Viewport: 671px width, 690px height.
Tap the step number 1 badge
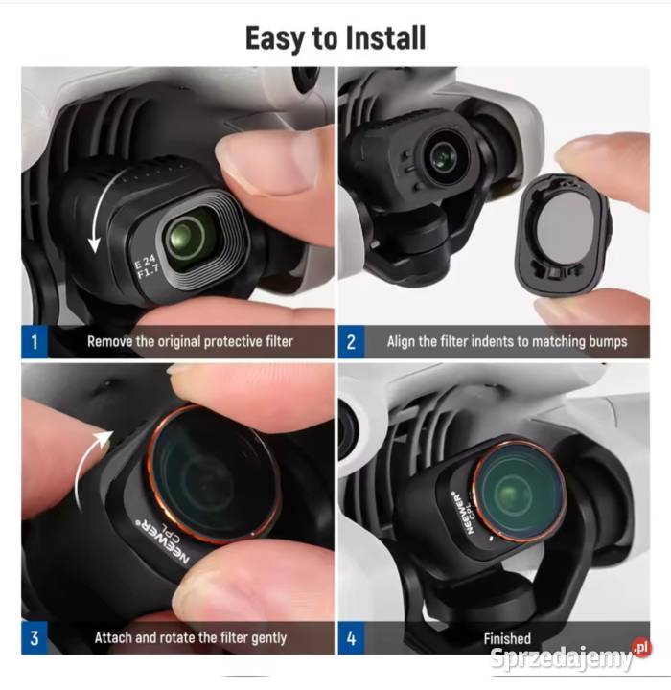pos(35,341)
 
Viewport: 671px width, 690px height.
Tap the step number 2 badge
pos(350,341)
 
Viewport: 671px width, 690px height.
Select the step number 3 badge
pos(35,637)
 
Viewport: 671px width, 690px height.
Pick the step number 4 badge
pos(350,637)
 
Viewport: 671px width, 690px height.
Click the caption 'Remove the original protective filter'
pos(190,341)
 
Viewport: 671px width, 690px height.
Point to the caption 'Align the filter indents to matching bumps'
pos(506,341)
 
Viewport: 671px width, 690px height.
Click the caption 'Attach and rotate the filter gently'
pos(190,637)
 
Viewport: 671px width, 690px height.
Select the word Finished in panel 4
pos(506,637)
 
